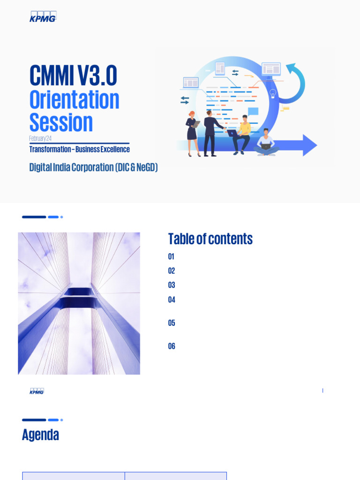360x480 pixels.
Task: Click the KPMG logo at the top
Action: (43, 17)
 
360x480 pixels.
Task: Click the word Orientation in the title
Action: (74, 99)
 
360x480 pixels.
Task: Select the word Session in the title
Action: (61, 122)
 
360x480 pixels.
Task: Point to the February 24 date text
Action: (40, 138)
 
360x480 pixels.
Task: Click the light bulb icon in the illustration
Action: (273, 93)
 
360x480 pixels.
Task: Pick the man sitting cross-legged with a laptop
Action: (266, 142)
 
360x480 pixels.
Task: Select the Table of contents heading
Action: (210, 239)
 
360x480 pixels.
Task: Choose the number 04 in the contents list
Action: (172, 300)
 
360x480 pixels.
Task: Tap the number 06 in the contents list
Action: (172, 346)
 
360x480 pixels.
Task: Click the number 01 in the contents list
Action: (171, 257)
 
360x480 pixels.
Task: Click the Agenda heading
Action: (40, 435)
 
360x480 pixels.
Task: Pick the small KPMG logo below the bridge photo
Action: (37, 391)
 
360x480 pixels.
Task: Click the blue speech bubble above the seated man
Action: (253, 111)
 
